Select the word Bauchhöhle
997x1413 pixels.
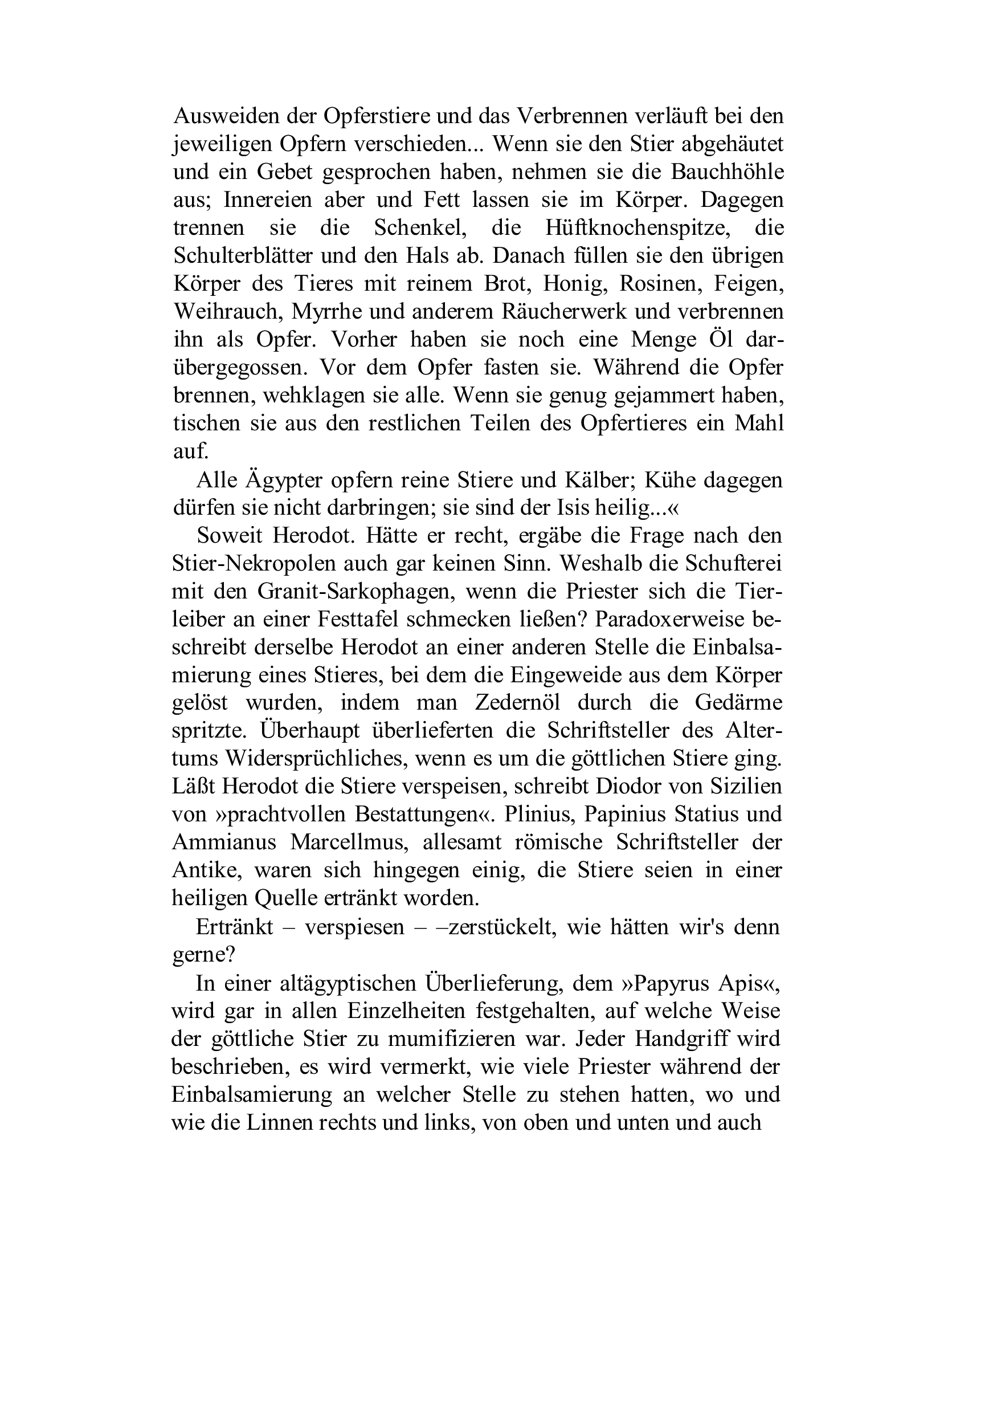point(727,172)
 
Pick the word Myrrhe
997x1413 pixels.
point(324,312)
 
